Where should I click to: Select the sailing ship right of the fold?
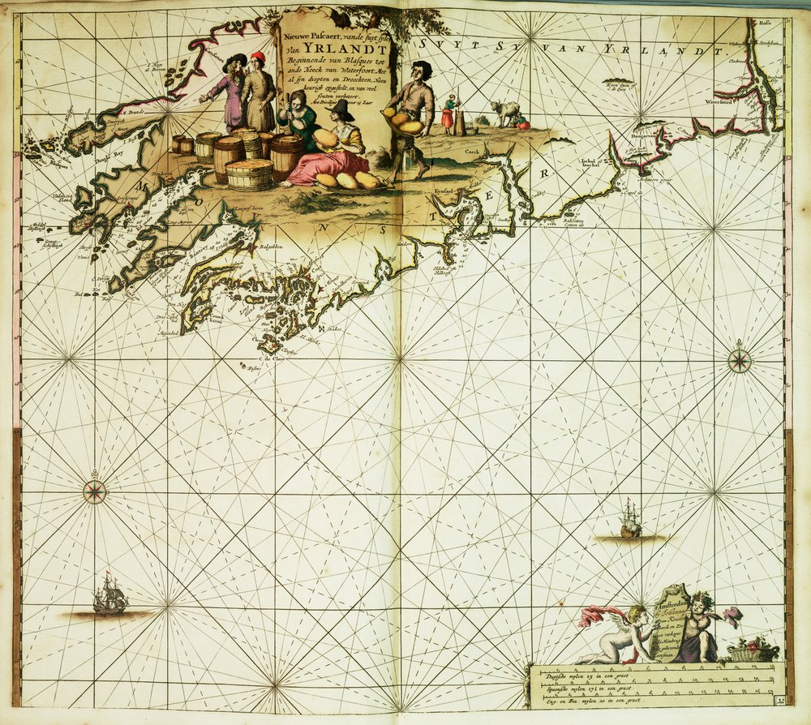coord(631,520)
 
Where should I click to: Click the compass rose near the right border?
coord(740,361)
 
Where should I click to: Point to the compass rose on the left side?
coord(95,491)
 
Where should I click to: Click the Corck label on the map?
coord(473,152)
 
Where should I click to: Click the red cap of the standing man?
coord(259,57)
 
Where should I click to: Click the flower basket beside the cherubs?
coord(753,650)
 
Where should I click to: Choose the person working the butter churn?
coord(448,113)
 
